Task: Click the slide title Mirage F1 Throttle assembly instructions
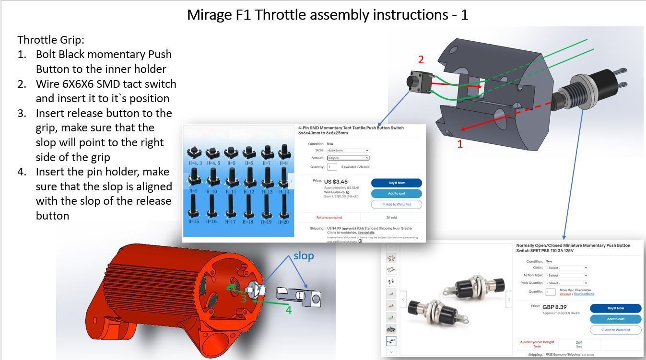click(x=327, y=15)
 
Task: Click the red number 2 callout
click(x=421, y=60)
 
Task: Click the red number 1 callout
click(x=460, y=144)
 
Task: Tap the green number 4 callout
click(x=288, y=310)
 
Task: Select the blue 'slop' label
click(x=304, y=256)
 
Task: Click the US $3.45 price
click(x=336, y=182)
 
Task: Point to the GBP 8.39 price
click(x=554, y=307)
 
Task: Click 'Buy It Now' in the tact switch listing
click(x=396, y=183)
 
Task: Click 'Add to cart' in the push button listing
click(x=615, y=319)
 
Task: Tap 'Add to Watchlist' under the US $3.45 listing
click(x=396, y=204)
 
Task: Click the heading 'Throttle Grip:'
click(x=51, y=40)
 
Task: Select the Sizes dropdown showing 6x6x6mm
click(x=348, y=151)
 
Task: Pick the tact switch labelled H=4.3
click(x=195, y=153)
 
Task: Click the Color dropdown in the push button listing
click(x=566, y=268)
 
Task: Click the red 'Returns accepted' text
click(x=329, y=218)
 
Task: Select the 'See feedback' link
click(x=584, y=294)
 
